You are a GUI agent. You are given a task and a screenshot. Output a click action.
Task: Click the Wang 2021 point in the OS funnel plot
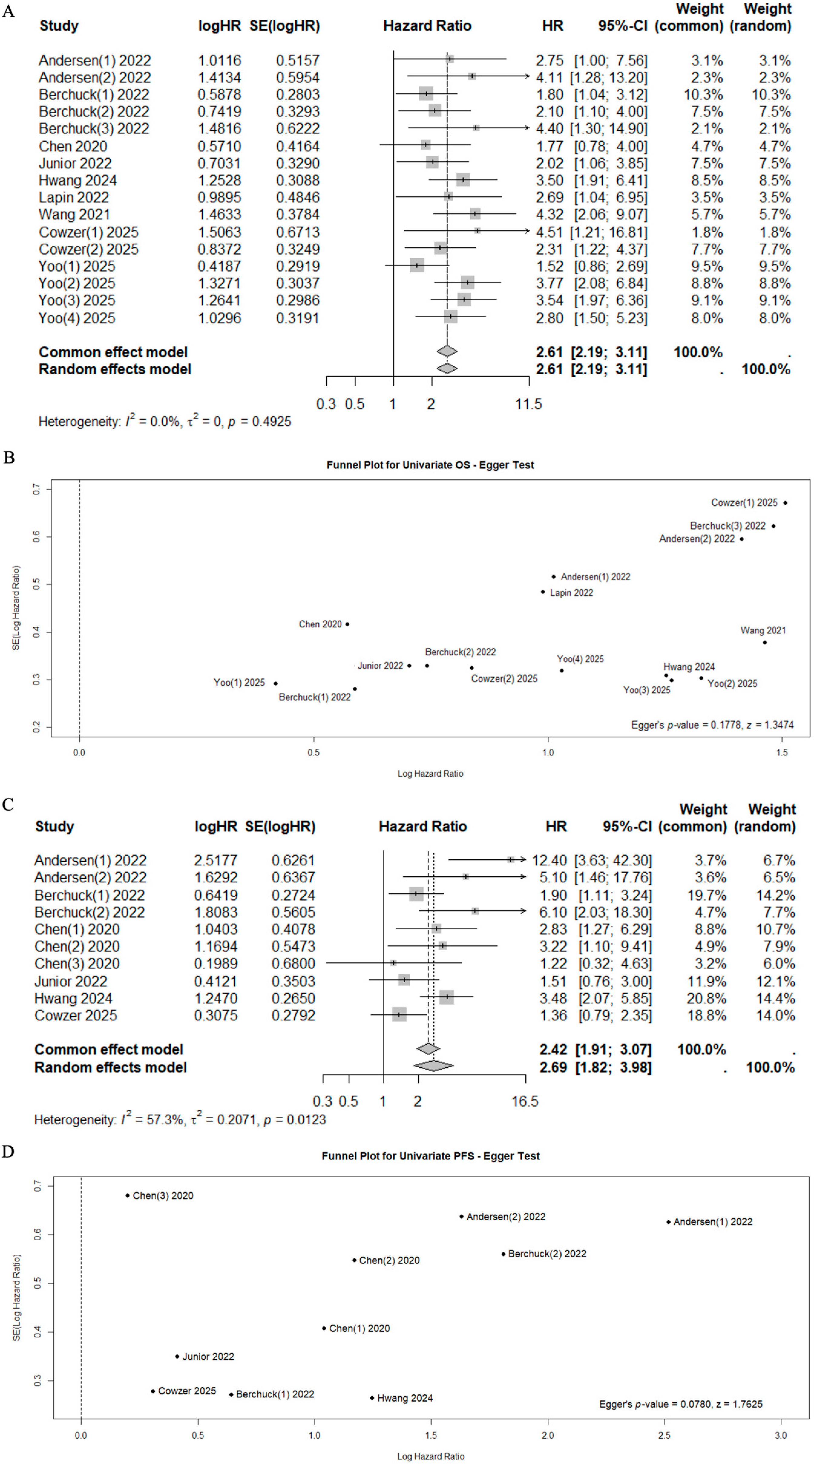pos(765,642)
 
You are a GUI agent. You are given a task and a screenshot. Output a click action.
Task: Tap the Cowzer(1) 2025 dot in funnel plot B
pos(785,502)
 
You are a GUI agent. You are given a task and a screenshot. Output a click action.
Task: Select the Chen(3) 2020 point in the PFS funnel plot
pos(128,1195)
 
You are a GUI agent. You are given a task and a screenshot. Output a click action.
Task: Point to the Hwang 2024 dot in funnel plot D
pos(372,1397)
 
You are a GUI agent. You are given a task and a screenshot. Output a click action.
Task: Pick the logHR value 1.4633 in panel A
pos(219,214)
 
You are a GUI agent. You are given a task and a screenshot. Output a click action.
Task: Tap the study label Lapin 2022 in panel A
pos(74,197)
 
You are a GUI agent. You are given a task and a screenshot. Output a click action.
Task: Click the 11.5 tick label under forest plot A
pos(528,404)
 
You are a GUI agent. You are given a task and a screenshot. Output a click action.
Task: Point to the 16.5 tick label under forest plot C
pos(524,1101)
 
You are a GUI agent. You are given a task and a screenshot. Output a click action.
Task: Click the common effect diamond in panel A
pos(447,352)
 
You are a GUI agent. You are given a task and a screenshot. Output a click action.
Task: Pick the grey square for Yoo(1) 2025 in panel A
pos(417,266)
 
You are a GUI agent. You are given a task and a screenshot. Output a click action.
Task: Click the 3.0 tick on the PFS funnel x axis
pos(781,1435)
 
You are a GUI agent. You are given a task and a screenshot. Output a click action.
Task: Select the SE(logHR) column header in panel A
pos(284,25)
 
